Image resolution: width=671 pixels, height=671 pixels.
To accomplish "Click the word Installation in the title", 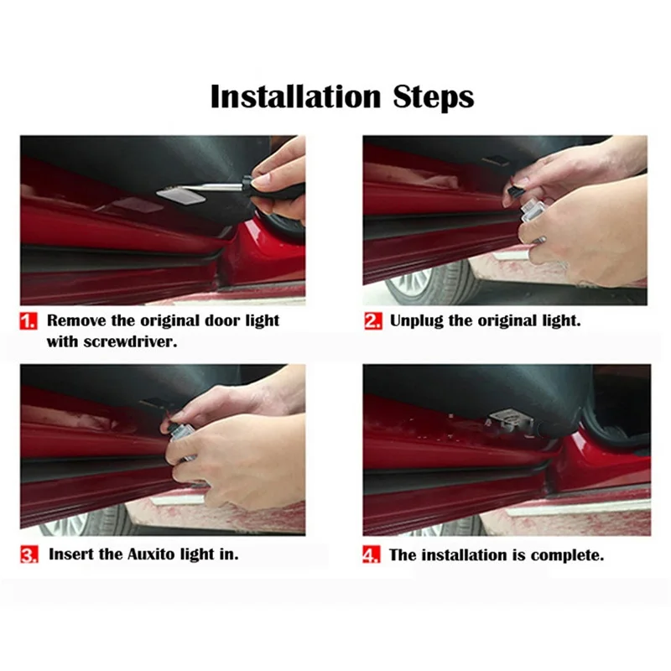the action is point(295,96).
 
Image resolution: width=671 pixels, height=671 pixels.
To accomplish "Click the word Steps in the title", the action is point(434,97).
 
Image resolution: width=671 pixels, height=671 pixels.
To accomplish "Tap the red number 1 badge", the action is point(29,321).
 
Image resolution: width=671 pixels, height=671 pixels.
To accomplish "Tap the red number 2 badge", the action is point(373,321).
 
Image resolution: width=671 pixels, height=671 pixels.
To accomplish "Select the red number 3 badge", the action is point(29,554).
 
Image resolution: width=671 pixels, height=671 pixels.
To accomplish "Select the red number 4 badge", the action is point(371,554).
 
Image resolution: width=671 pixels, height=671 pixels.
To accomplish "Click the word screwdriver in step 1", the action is point(130,342).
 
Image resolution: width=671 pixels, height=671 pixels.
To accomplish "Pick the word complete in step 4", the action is point(567,555).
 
